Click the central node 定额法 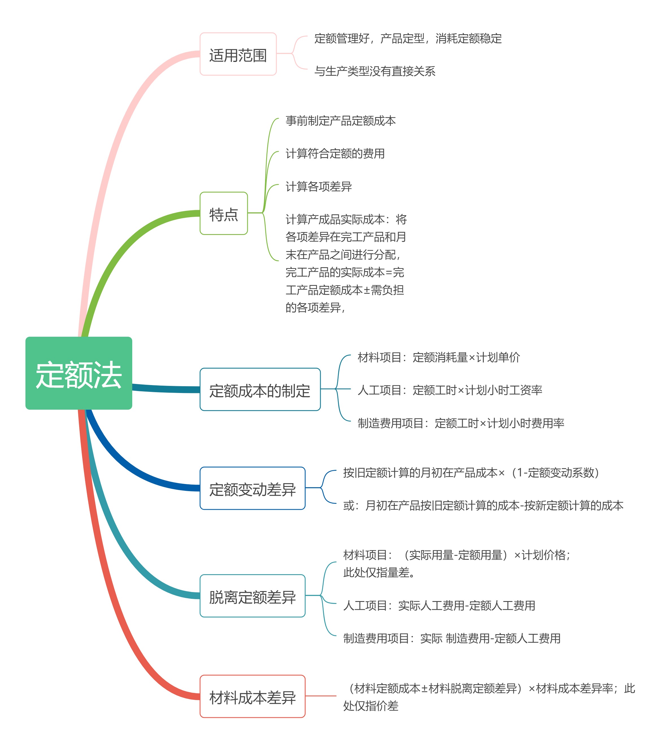coord(79,373)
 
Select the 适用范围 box coord(238,54)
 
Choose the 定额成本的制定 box coord(260,389)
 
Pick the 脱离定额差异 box coord(253,596)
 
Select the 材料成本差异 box coord(253,696)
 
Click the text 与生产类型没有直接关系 coord(374,71)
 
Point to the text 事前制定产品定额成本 coord(340,120)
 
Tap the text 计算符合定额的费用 coord(335,153)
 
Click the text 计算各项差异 coord(318,186)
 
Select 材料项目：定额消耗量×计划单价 coord(439,357)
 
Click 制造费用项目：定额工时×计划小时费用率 coord(461,423)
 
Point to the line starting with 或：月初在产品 coord(483,506)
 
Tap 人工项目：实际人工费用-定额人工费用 coord(439,605)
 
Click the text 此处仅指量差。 coord(379,572)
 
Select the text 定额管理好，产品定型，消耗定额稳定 coord(408,38)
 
